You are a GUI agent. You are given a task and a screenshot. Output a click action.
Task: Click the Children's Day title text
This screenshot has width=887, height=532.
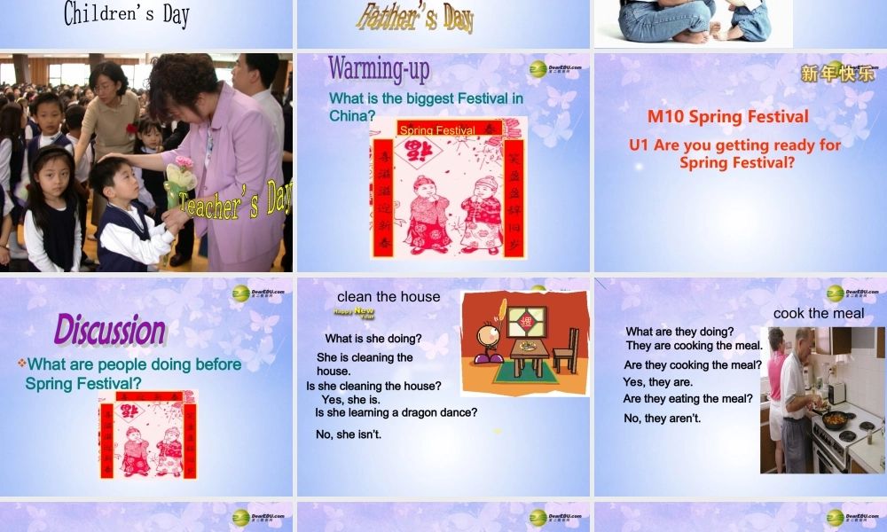tap(127, 13)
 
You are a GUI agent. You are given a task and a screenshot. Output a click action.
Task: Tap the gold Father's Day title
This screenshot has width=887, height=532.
tap(415, 16)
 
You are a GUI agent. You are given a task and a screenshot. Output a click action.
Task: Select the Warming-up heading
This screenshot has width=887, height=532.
tap(379, 68)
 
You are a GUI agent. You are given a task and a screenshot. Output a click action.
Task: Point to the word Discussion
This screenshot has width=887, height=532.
tap(110, 330)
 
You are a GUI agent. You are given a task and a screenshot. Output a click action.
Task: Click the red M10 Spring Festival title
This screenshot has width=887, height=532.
tap(727, 117)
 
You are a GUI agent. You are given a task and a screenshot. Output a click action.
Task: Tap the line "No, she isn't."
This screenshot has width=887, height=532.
tap(349, 434)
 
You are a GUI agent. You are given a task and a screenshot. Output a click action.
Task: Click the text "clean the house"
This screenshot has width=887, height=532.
tap(389, 297)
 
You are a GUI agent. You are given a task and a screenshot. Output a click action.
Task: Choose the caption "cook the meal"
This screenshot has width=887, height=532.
tap(819, 313)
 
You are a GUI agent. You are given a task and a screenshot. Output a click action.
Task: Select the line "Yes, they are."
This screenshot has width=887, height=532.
tap(657, 382)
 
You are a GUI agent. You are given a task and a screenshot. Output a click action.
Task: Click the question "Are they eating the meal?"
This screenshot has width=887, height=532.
tap(687, 399)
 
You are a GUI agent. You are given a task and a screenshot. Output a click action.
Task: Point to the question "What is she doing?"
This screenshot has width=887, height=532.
tap(373, 339)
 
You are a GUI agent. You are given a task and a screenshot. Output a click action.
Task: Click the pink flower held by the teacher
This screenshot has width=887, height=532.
tap(184, 164)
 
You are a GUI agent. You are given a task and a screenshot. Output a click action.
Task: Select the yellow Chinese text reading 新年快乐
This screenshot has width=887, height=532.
tap(837, 74)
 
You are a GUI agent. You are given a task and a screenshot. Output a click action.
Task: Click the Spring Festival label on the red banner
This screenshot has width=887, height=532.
tap(437, 130)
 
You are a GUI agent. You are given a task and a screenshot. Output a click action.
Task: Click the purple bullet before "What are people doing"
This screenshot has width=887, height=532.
tap(22, 364)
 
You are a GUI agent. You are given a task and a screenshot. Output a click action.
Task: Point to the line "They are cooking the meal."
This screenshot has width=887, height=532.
tap(694, 346)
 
